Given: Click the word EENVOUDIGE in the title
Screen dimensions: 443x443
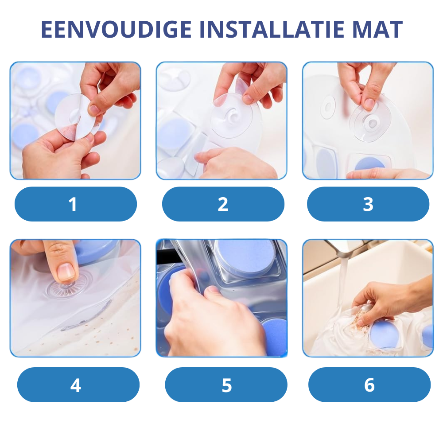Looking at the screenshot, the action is (117, 29).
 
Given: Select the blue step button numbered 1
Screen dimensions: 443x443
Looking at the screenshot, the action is (76, 204).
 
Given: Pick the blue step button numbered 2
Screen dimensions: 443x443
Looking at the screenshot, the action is (223, 204).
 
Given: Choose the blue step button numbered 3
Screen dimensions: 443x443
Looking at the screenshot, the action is (368, 204).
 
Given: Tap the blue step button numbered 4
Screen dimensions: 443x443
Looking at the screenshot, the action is (78, 385).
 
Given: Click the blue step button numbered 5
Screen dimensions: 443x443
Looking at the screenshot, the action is (226, 385).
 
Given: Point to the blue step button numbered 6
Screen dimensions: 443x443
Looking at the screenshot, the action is (369, 385).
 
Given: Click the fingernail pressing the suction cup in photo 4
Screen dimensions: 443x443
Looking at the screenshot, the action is (66, 272).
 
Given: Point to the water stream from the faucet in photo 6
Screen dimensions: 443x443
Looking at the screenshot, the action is (343, 283).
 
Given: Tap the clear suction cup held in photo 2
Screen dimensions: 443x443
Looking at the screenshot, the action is (232, 115).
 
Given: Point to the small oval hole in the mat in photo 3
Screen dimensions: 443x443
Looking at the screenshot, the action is (328, 106).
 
